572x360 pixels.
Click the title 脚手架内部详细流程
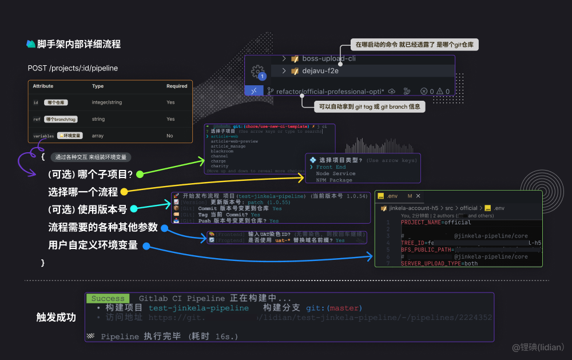coord(79,44)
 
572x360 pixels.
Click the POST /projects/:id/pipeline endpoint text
coord(73,68)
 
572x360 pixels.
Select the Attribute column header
coord(43,86)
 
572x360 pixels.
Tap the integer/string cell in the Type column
coord(107,102)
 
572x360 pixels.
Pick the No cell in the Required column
coord(170,136)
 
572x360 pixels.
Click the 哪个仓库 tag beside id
coord(55,102)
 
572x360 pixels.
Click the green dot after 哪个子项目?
coord(139,173)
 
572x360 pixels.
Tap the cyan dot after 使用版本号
coord(133,209)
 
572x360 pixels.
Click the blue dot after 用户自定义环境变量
coord(146,246)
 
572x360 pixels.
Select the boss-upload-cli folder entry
coord(329,58)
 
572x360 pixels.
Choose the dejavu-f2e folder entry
coord(320,72)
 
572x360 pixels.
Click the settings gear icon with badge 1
coord(258,72)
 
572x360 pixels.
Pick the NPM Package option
coord(334,180)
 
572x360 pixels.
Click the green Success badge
coord(108,298)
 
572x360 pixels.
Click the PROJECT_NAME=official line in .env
coord(428,223)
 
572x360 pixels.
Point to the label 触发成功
coord(56,317)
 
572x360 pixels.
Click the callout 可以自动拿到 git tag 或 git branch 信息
coord(370,106)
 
